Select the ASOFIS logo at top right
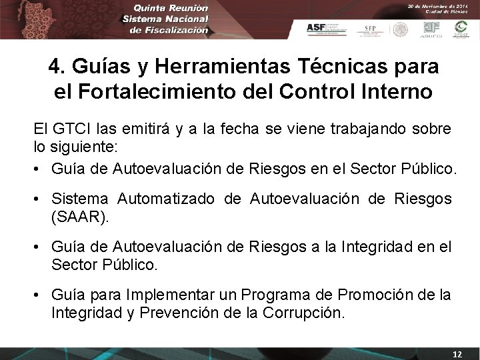(431, 29)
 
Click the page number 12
(457, 353)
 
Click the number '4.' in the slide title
(57, 67)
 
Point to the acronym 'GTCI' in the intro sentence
(70, 127)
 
